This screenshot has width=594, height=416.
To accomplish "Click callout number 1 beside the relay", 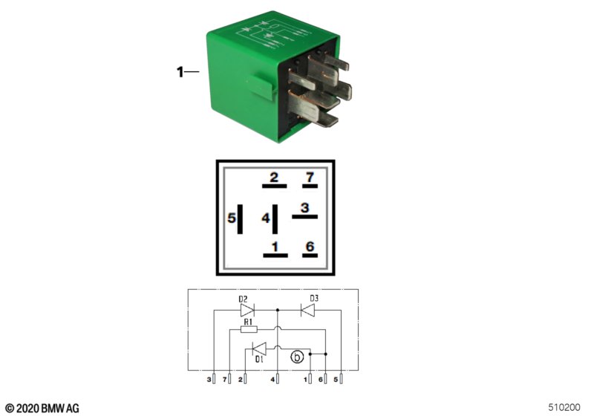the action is coord(180,71).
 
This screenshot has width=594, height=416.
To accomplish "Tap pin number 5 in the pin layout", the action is coord(232,218).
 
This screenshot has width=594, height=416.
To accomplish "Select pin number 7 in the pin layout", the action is coord(310,177).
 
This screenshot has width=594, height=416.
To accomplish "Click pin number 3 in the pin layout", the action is coord(305,207).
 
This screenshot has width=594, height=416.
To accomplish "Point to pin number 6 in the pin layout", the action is coord(310,247).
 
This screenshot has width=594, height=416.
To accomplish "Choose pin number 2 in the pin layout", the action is coord(274,177).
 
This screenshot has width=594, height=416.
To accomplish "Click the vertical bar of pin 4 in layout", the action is coord(275,219).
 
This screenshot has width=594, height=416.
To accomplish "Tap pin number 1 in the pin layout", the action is coord(275,247).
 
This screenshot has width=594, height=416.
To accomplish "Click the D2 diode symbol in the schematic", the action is coord(247,310).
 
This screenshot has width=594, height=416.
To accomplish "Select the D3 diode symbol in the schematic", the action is coord(307,310).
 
